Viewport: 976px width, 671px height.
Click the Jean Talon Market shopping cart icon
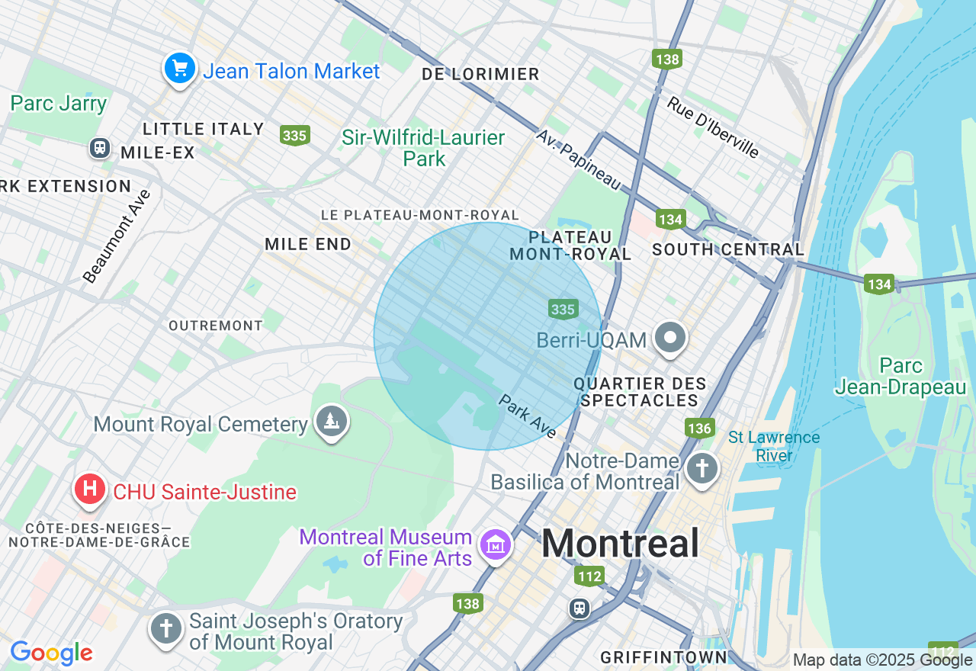pos(180,69)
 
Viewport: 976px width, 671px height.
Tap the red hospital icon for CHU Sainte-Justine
pos(89,489)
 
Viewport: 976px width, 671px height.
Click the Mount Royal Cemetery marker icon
pos(331,421)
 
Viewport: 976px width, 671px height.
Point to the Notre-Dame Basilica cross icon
pos(701,467)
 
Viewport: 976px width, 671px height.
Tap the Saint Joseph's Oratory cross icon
pos(165,629)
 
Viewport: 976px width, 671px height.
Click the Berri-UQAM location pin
pos(671,337)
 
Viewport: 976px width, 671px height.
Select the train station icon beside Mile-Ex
pos(99,147)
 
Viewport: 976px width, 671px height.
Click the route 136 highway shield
pos(698,428)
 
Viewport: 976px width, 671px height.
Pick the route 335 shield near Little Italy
pos(294,136)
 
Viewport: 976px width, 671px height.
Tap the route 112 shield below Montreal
pos(590,576)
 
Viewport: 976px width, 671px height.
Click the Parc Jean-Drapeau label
pos(901,377)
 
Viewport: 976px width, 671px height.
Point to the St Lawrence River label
pos(774,446)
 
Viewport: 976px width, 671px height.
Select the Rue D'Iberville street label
pos(714,127)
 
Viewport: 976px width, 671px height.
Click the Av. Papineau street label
pos(579,159)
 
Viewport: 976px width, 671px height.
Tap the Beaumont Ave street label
pos(117,236)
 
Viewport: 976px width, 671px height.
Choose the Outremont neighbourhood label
pos(216,326)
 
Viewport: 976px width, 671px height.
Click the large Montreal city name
pos(620,544)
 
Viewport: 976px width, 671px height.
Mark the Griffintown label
pos(663,657)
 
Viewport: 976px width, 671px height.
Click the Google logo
pos(51,653)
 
